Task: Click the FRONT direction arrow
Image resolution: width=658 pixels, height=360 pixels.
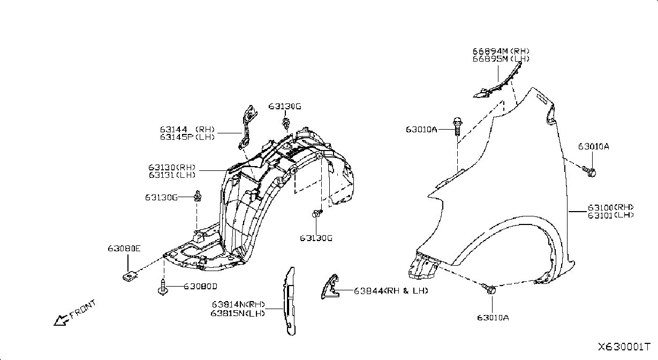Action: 61,320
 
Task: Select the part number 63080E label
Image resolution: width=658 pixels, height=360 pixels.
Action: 124,249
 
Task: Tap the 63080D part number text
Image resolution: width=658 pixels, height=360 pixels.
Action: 200,286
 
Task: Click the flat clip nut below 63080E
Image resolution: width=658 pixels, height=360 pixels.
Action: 130,276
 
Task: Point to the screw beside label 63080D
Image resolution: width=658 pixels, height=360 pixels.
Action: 162,287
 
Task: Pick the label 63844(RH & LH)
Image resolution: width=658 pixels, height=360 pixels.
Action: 391,291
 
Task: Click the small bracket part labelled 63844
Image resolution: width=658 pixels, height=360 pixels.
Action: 330,287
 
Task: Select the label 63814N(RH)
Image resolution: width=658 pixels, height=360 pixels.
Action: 238,304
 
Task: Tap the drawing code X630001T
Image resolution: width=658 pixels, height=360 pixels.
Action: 624,347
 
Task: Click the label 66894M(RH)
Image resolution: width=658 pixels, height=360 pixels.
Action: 501,51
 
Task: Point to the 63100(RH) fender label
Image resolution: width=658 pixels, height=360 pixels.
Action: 610,207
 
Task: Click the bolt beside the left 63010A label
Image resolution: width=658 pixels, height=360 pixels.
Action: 457,126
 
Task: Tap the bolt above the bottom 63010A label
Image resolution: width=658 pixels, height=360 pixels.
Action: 489,289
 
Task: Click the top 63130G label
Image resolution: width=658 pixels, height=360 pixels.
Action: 285,106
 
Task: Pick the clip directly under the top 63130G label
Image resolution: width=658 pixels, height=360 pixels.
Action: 285,123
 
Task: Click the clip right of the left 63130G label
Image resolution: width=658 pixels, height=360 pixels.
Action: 198,196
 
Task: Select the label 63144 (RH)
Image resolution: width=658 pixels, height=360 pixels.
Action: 187,129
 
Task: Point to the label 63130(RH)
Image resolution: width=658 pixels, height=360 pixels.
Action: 172,167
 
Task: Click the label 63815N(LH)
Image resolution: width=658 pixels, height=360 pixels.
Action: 238,313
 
